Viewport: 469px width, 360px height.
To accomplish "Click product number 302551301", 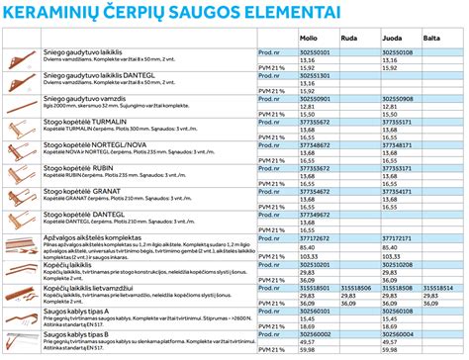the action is click(x=316, y=75).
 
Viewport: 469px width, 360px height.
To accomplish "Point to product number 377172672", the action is click(x=316, y=237).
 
